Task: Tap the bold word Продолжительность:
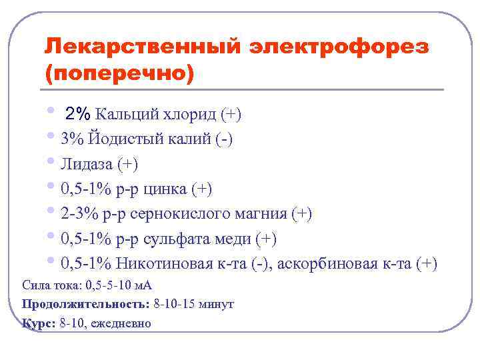pyautogui.click(x=85, y=304)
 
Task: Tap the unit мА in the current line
pyautogui.click(x=143, y=285)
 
